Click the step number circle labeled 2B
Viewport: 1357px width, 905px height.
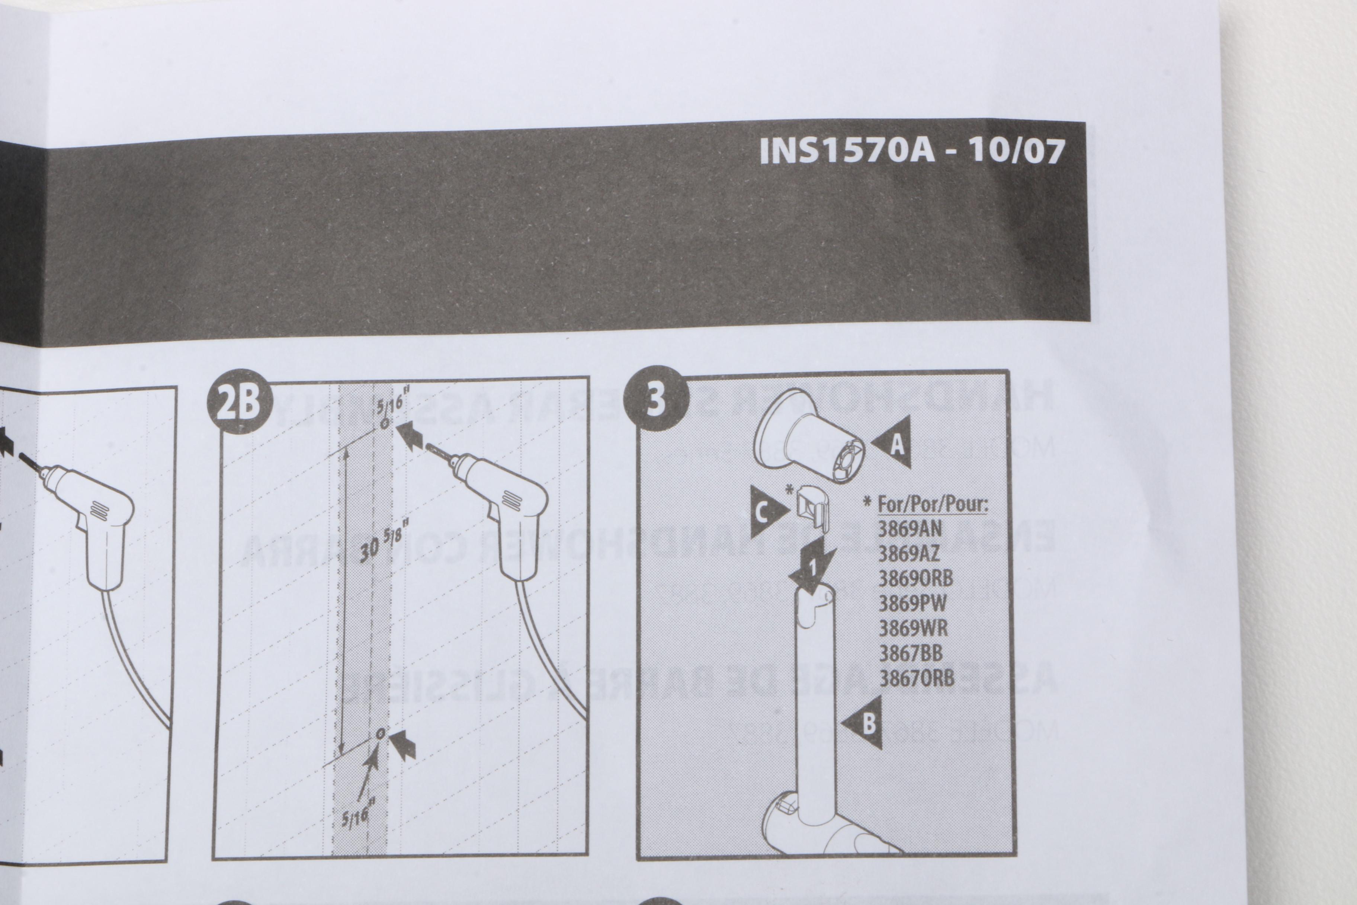(x=240, y=402)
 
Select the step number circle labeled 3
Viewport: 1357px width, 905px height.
(x=657, y=399)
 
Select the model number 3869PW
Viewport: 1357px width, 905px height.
(x=912, y=603)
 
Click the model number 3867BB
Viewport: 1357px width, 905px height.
(x=911, y=653)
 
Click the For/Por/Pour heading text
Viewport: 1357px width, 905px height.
(x=932, y=504)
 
